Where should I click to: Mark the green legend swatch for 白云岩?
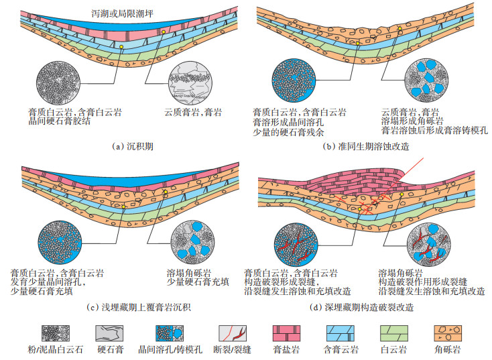(x=393, y=333)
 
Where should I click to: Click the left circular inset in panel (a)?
(x=66, y=84)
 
